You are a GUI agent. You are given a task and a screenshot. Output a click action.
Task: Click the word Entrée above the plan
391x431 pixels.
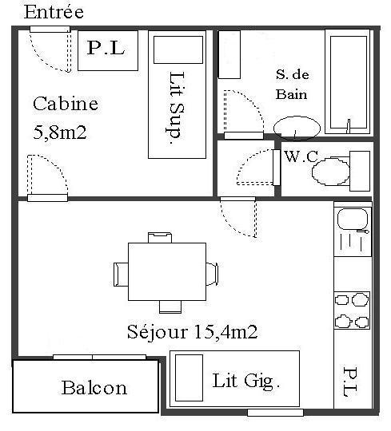(54, 12)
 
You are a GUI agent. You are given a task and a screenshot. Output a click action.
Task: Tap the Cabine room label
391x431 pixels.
(66, 104)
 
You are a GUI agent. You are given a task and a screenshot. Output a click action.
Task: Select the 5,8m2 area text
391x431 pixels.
(60, 132)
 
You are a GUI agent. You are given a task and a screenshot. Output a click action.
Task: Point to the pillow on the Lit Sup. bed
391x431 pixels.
(178, 49)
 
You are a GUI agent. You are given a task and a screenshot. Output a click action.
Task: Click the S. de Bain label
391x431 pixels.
(292, 85)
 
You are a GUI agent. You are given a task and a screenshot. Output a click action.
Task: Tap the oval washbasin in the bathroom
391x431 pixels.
(297, 128)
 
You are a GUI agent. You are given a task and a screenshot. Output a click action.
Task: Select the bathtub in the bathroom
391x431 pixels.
(348, 81)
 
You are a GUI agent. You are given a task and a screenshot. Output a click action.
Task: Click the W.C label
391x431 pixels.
(301, 156)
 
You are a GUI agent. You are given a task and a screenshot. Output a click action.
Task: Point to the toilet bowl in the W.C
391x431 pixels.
(331, 172)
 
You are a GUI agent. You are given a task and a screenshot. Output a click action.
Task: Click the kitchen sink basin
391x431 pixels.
(353, 219)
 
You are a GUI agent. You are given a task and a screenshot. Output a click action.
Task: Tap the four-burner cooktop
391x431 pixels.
(352, 310)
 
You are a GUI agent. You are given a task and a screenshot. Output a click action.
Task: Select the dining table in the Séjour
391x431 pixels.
(167, 271)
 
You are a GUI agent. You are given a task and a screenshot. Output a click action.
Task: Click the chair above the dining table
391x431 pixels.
(160, 238)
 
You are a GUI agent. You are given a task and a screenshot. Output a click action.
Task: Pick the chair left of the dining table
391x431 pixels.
(121, 275)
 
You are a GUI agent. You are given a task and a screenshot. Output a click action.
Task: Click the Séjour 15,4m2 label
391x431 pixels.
(192, 332)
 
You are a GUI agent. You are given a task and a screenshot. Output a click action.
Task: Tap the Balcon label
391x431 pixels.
(94, 388)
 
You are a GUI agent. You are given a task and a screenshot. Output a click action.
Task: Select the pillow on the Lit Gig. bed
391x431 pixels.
(189, 378)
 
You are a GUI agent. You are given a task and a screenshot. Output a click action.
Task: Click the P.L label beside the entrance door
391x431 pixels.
(106, 48)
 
